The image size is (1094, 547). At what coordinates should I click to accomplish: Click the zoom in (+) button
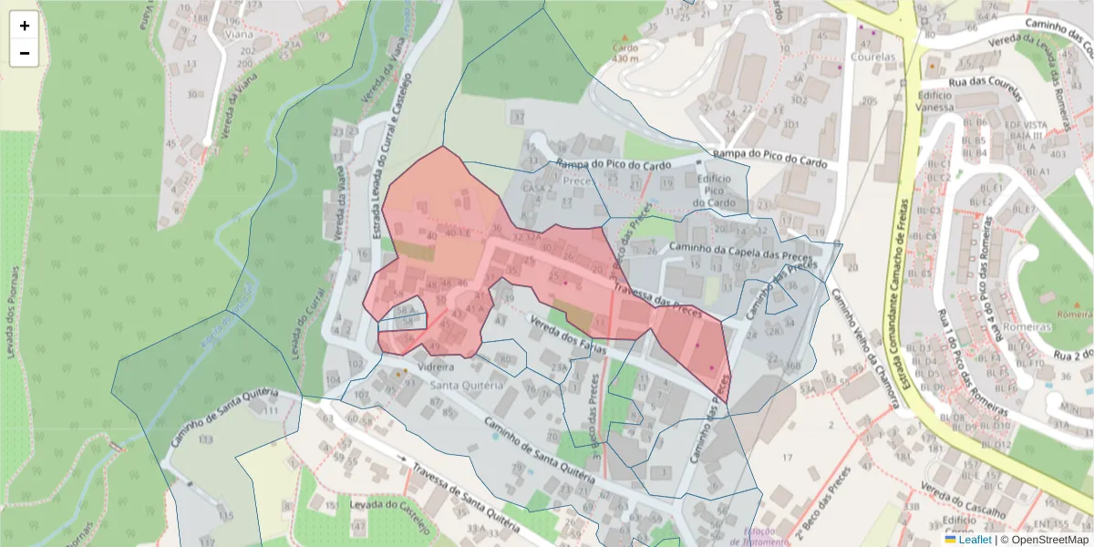tap(25, 26)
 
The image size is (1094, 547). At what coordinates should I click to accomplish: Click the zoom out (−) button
tap(25, 53)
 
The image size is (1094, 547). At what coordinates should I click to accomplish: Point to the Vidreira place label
tap(435, 366)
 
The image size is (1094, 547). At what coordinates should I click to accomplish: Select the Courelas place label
tap(872, 57)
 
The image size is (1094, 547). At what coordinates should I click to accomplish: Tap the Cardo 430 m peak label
tap(625, 52)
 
